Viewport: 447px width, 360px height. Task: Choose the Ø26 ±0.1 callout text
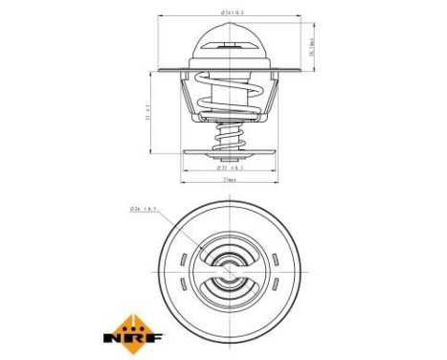(x=142, y=208)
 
